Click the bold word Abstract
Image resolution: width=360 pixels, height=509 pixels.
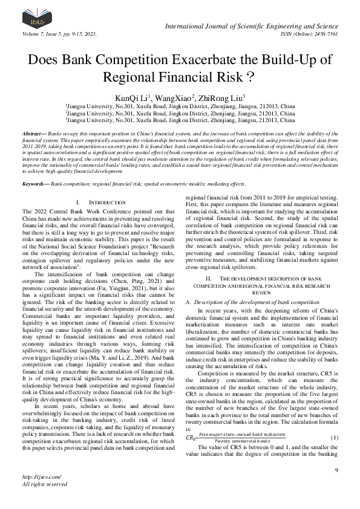tap(34, 132)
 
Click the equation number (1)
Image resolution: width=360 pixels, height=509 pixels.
tap(334, 420)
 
